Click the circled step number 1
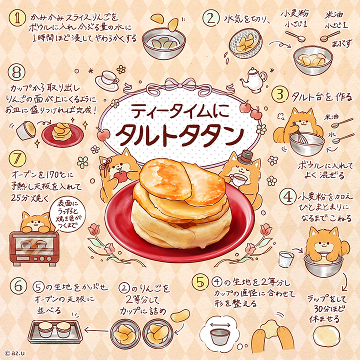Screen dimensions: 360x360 click(17, 18)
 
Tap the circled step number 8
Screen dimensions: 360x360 click(16, 72)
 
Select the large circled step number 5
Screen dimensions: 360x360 click(200, 281)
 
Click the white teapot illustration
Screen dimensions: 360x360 click(253, 80)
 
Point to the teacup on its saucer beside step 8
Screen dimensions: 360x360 click(107, 80)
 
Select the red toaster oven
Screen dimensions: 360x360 click(34, 248)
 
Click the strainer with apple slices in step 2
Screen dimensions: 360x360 click(245, 43)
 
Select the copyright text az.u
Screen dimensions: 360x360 click(14, 353)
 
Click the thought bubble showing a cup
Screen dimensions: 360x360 click(217, 333)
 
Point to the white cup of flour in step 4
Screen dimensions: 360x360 click(286, 259)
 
